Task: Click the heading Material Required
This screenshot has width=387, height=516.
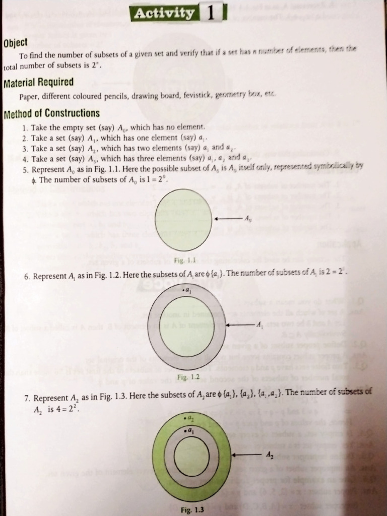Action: click(x=38, y=82)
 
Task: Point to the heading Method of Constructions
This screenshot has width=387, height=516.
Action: click(x=51, y=113)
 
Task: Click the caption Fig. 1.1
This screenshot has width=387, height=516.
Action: click(x=184, y=260)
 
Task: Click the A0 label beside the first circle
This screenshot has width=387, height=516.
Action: click(x=247, y=219)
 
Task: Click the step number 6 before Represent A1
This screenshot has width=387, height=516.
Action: click(x=26, y=277)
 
